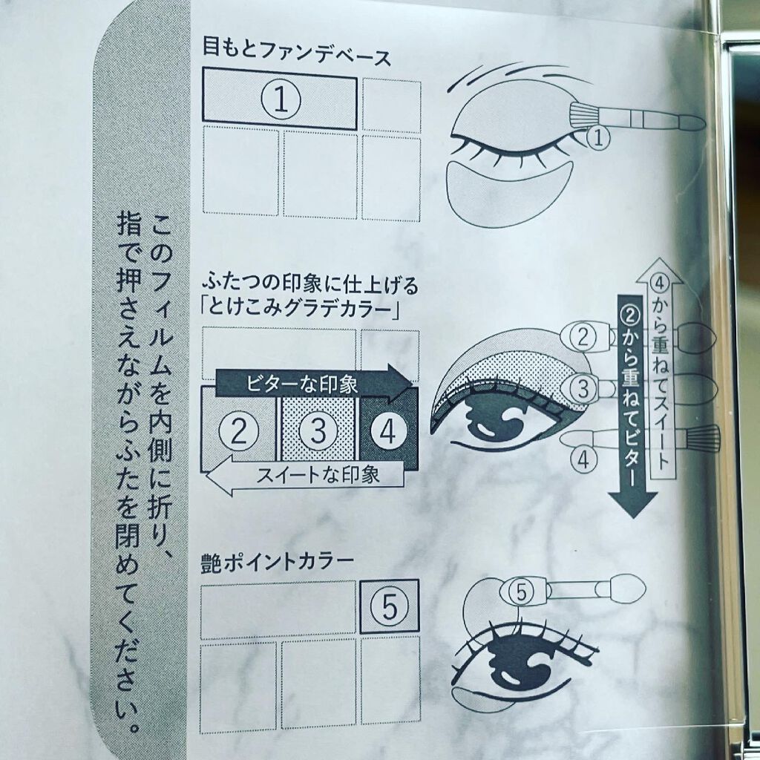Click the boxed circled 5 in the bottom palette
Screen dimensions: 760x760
click(x=390, y=606)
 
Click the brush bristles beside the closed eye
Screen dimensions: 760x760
click(x=583, y=114)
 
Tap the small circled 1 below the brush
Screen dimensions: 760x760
click(x=597, y=137)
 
